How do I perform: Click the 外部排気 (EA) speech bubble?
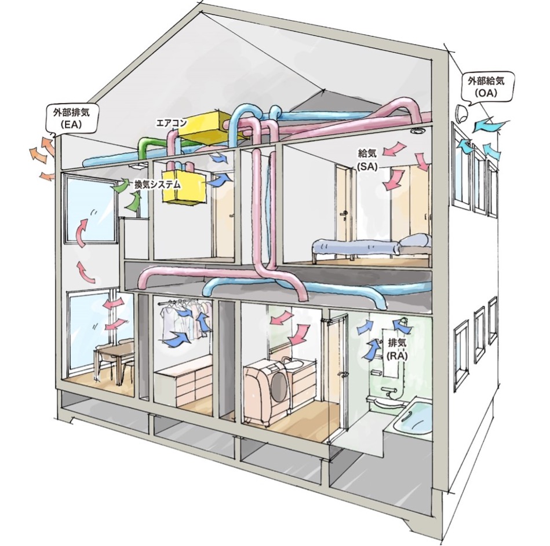tap(73, 118)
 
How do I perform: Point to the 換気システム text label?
tap(158, 185)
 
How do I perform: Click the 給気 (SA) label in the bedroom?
tap(367, 159)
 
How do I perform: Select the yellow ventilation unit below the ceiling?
tap(184, 187)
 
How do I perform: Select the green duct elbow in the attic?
tap(149, 146)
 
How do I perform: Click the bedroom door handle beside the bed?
tap(345, 212)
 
